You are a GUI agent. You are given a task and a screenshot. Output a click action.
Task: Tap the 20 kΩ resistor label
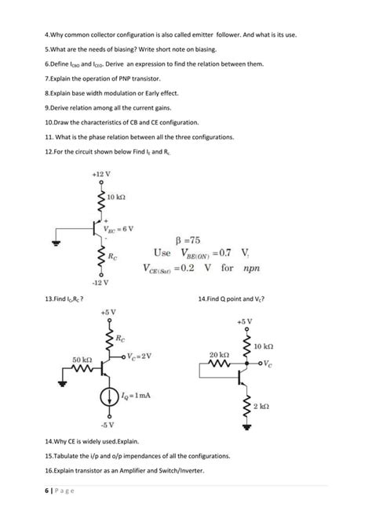(218, 355)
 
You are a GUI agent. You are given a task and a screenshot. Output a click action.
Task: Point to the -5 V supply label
(108, 425)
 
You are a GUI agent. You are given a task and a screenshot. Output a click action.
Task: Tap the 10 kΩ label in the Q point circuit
(264, 346)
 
